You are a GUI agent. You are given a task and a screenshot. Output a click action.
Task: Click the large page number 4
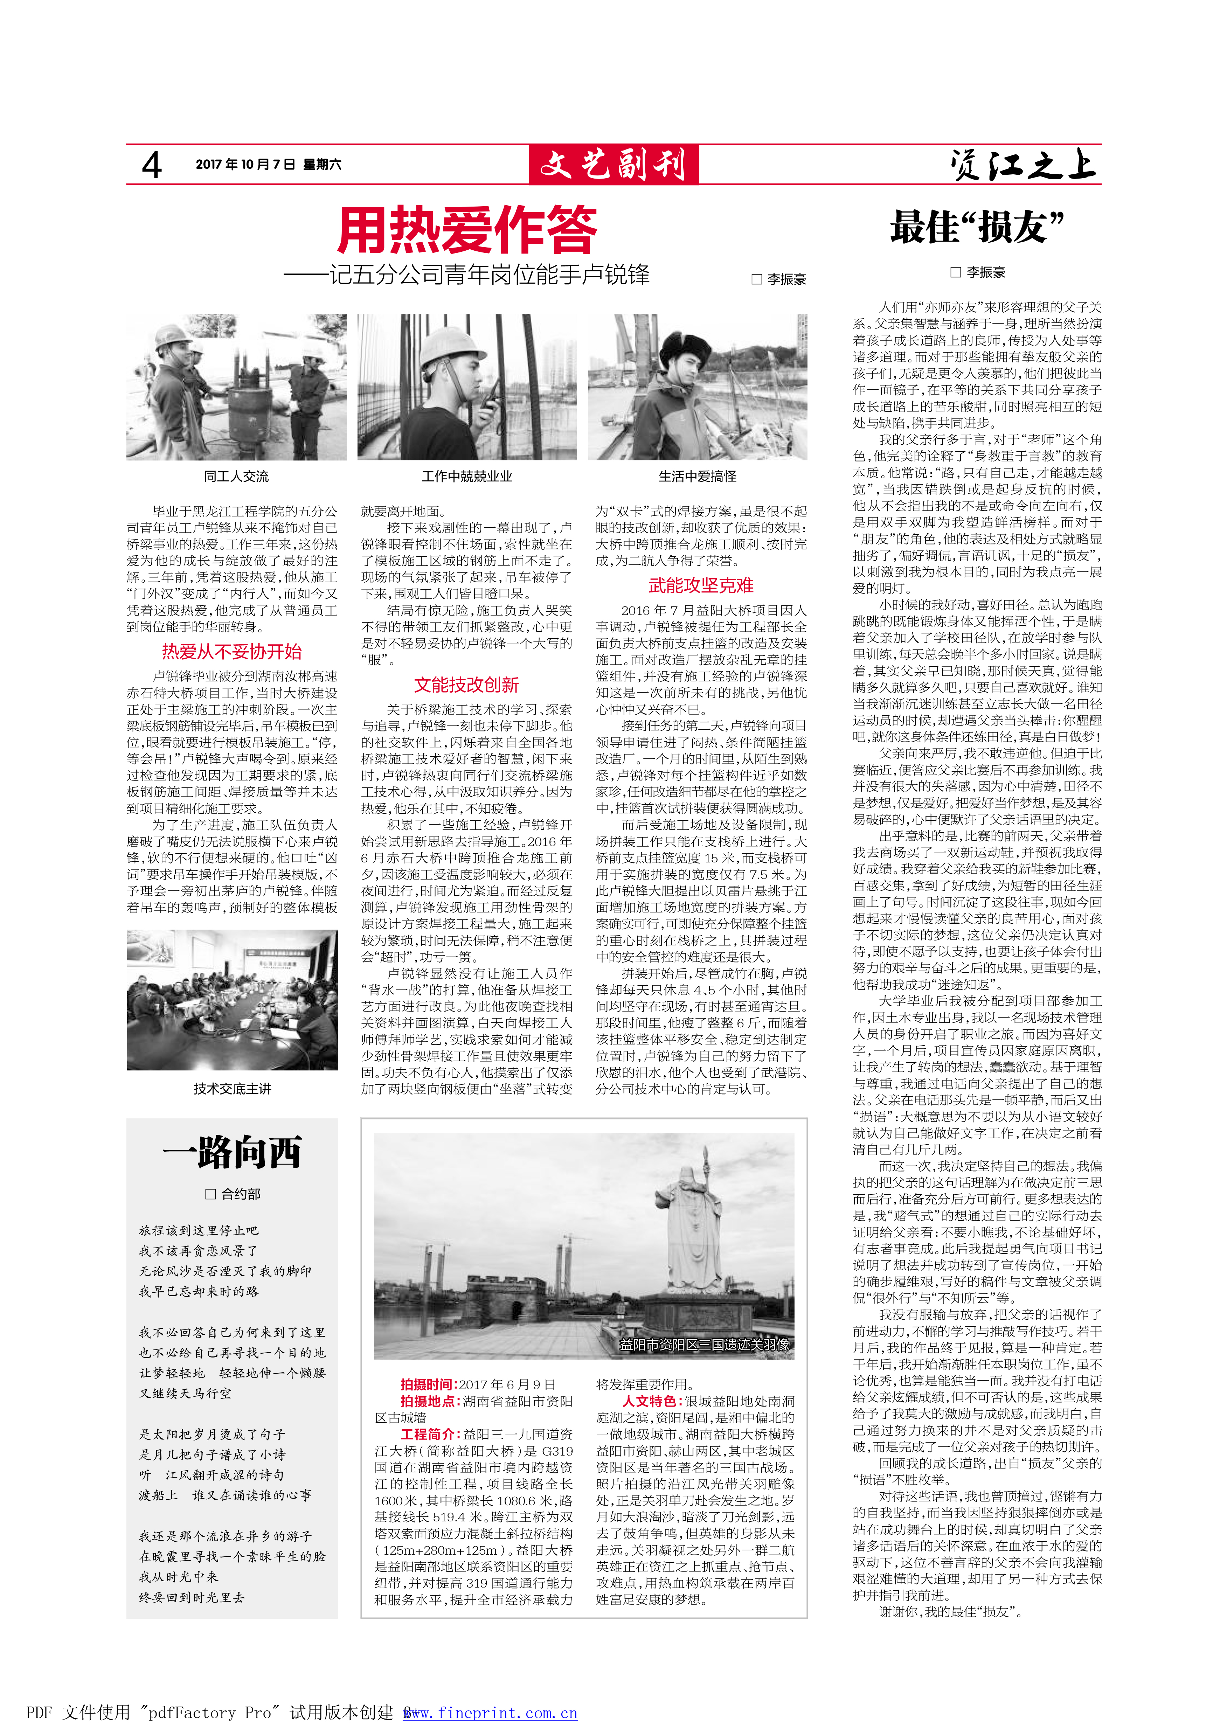click(152, 165)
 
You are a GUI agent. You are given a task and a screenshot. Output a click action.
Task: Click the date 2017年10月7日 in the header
click(245, 164)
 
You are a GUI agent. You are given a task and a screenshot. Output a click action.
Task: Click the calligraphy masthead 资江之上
click(1023, 165)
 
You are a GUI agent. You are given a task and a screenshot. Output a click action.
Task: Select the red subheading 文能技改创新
click(466, 685)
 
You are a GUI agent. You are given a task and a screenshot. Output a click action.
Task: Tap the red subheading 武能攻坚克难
click(701, 585)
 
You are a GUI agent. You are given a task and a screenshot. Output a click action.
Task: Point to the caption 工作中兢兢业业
click(466, 476)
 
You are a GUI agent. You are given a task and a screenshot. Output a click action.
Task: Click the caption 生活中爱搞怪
click(697, 476)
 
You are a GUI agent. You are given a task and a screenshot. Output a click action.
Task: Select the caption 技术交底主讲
click(232, 1089)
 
